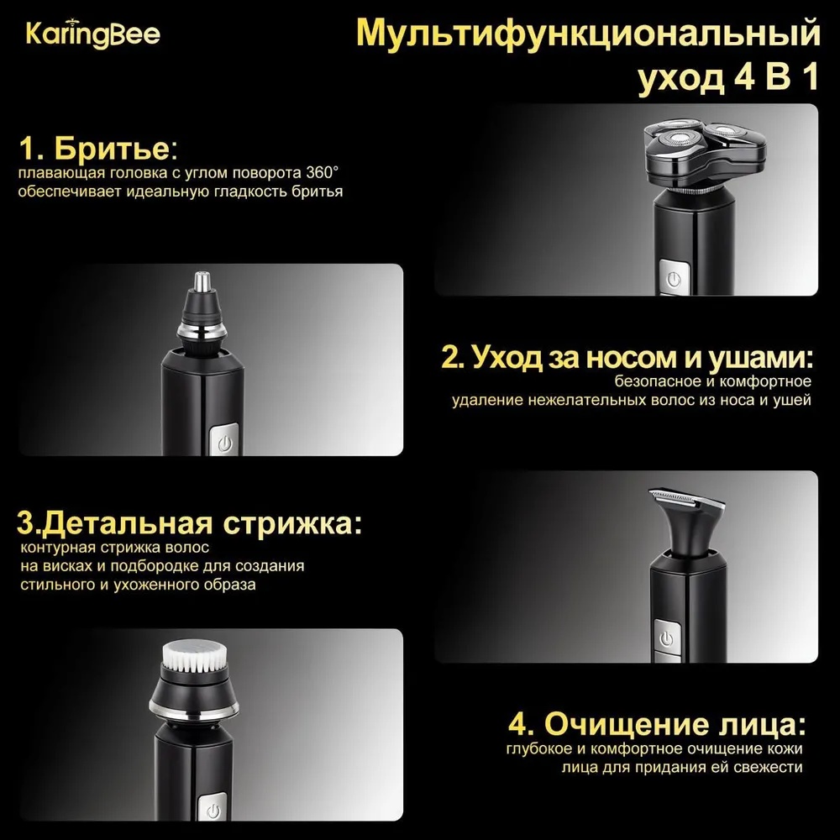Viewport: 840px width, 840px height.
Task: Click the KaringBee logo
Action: (x=92, y=34)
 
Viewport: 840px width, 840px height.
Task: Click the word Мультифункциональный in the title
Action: (x=588, y=34)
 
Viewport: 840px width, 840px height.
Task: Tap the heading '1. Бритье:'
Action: (x=98, y=149)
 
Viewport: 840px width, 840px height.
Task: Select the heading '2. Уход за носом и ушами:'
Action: (x=627, y=357)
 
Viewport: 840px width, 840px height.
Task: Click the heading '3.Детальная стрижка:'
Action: (x=189, y=522)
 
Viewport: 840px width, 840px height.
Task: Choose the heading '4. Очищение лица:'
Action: (x=657, y=724)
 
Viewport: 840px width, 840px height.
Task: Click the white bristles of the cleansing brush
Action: (x=194, y=658)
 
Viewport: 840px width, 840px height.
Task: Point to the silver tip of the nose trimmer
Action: (x=202, y=281)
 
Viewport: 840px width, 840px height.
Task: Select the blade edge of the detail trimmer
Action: (x=687, y=497)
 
